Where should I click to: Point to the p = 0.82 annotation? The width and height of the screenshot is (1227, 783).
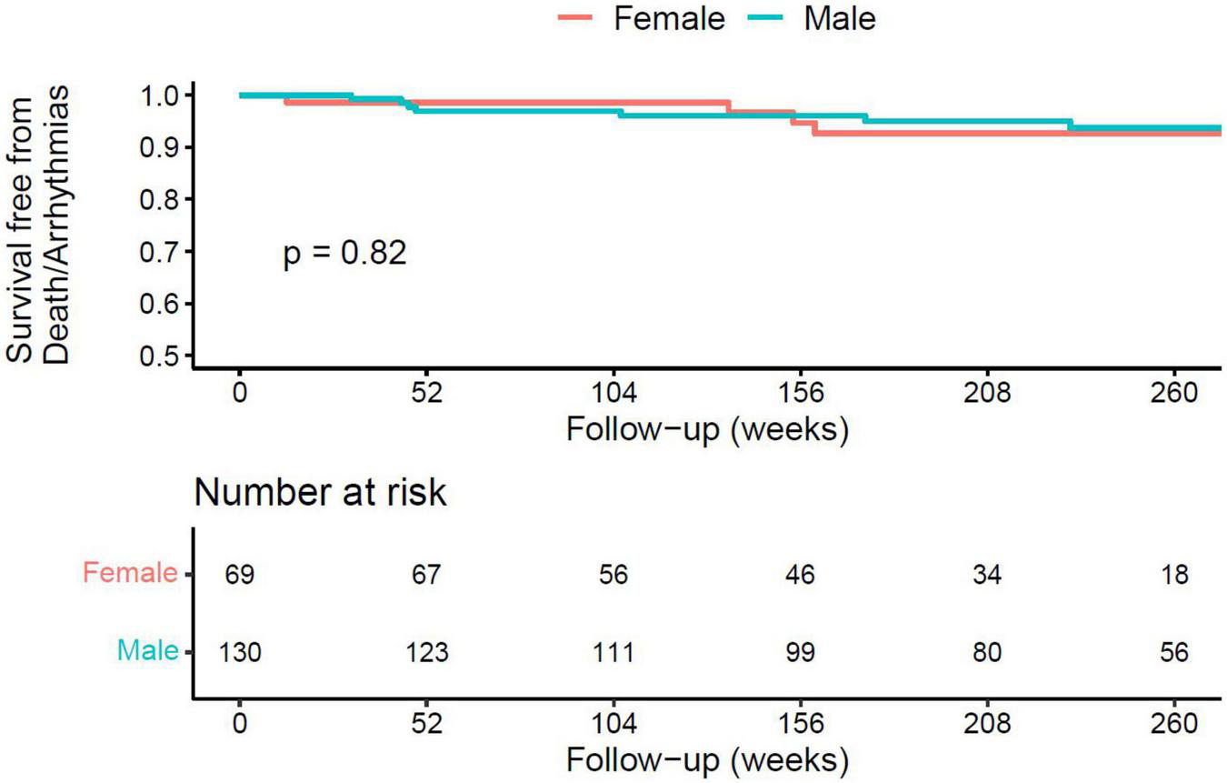pos(345,254)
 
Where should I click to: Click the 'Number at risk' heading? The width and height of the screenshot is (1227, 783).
pos(320,493)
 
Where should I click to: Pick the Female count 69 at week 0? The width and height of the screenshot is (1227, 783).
pos(239,576)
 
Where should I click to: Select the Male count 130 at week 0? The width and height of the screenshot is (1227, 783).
pos(239,653)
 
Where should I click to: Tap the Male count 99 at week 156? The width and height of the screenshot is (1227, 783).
pos(801,653)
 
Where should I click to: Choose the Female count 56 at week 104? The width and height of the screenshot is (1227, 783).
pos(613,576)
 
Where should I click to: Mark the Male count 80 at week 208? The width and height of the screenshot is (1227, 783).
pos(988,653)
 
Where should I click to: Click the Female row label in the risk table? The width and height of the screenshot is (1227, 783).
pos(130,574)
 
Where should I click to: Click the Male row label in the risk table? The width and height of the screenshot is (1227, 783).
pos(147,651)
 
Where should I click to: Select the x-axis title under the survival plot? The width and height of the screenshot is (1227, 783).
pos(707,429)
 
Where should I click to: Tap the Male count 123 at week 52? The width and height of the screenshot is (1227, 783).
pos(426,653)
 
